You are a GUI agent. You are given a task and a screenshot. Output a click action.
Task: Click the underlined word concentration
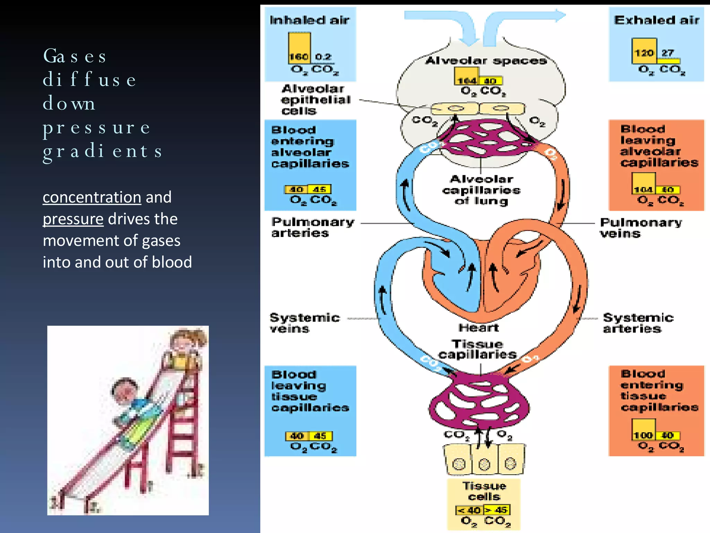pos(92,197)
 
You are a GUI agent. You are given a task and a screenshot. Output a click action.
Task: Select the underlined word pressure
pos(73,219)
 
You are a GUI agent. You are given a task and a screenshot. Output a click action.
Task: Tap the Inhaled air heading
pos(309,20)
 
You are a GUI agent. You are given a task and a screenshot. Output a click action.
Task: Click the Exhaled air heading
pos(656,20)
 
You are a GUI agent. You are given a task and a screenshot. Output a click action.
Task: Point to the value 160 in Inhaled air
pos(298,57)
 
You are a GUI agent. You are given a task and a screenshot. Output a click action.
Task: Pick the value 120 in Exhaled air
pos(644,53)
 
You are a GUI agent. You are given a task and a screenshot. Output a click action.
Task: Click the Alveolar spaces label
pos(486,61)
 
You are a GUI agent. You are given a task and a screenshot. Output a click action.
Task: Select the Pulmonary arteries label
pos(312,227)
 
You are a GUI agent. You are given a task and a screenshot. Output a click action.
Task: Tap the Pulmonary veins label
pos(640,228)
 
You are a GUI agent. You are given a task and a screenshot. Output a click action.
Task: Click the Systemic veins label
pos(304,323)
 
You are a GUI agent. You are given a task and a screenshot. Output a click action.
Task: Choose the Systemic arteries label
pos(638,323)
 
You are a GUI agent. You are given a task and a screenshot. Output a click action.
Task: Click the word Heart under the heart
pos(478,327)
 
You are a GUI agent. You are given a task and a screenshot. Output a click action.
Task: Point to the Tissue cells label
pos(484,491)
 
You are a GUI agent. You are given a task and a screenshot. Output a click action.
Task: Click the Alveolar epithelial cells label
pos(315,100)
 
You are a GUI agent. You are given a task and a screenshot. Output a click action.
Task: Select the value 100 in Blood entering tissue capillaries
pos(643,435)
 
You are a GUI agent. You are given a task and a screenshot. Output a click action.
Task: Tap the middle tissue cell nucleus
pos(484,464)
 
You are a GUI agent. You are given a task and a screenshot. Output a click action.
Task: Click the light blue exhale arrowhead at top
pos(559,16)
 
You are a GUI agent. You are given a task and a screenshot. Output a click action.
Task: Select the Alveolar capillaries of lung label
pos(481,190)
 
